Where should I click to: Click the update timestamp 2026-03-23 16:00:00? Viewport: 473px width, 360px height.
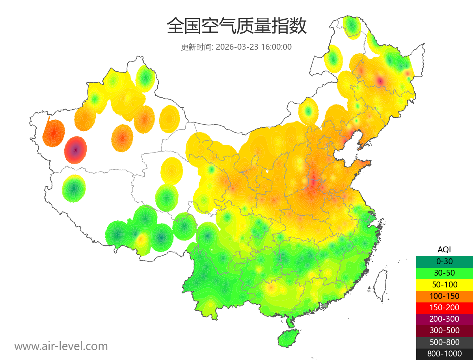[x=254, y=47]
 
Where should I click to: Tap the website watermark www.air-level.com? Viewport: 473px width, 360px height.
[x=61, y=346]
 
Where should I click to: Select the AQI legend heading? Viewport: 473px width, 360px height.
[x=444, y=250]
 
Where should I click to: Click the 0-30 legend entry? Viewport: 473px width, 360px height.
[x=444, y=261]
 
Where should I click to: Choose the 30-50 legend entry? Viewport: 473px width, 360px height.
[x=444, y=273]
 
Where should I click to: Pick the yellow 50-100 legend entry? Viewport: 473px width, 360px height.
[x=444, y=284]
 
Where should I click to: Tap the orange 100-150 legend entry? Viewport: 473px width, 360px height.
[x=444, y=296]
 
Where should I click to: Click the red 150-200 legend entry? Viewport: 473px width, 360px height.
[x=444, y=308]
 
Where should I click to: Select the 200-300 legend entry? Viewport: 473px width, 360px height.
[x=444, y=319]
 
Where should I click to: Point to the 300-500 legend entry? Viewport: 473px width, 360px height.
[x=444, y=330]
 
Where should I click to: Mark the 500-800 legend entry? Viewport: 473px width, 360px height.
[x=444, y=342]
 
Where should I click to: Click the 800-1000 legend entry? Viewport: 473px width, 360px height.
[x=444, y=354]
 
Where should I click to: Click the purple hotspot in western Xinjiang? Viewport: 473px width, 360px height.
[x=76, y=150]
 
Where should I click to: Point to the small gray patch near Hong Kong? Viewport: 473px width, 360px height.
[x=325, y=306]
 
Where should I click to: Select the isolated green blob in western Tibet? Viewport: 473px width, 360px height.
[x=74, y=188]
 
